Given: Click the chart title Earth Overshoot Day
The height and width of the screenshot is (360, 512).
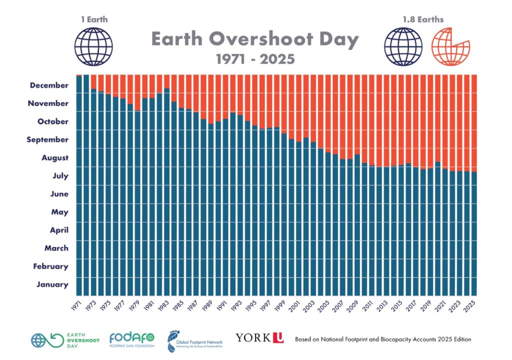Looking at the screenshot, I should click(255, 39).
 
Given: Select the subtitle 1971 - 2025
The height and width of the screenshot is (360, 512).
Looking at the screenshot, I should click(255, 59).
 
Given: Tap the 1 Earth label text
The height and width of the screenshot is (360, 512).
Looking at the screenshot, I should click(94, 20).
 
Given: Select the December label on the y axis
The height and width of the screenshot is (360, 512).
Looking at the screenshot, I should click(49, 85).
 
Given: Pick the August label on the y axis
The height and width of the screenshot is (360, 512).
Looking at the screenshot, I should click(54, 158).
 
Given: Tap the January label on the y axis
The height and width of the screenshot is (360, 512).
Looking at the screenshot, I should click(52, 284).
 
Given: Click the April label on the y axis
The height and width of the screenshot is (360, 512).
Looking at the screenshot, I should click(59, 230).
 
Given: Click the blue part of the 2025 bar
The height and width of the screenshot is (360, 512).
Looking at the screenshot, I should click(474, 235).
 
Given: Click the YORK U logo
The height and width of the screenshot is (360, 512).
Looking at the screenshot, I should click(259, 338).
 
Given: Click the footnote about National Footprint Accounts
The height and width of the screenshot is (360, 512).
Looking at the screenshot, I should click(383, 339).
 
